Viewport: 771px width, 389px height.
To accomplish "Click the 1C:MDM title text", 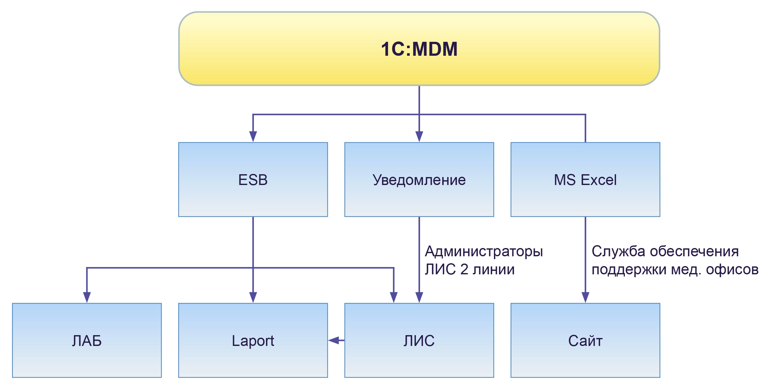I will (x=419, y=49).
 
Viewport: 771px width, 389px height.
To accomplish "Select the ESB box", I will (x=253, y=180).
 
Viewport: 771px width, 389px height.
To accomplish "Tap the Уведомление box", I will (x=419, y=180).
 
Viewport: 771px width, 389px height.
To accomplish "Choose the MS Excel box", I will (x=585, y=180).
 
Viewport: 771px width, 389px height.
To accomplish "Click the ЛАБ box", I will (x=87, y=341).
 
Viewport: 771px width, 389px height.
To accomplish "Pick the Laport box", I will (x=253, y=341).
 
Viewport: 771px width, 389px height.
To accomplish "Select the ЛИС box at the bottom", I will (x=419, y=341).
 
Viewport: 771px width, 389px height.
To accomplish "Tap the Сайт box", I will (x=585, y=341).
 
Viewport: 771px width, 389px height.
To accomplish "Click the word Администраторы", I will (x=484, y=252).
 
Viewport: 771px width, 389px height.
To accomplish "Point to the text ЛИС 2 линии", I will (x=470, y=270).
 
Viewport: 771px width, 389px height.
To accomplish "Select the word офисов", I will (x=732, y=270).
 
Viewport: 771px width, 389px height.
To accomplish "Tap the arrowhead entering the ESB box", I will (x=253, y=137).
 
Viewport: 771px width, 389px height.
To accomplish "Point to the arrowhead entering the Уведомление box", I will (x=419, y=137).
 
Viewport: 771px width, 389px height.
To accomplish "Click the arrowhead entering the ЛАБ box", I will (x=87, y=297).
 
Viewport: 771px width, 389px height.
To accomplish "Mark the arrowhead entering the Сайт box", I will (x=585, y=297).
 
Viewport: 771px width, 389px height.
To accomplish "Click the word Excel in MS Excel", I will (x=599, y=180).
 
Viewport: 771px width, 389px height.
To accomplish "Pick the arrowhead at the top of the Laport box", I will (x=253, y=297).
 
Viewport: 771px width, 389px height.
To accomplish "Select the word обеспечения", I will (x=694, y=252).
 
